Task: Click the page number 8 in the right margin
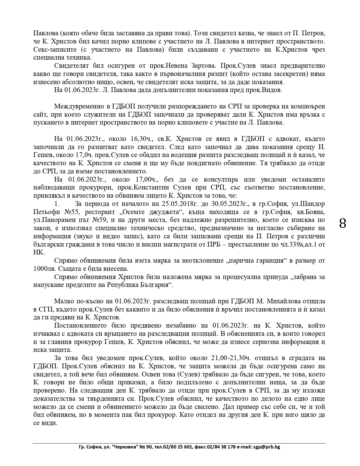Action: click(342, 224)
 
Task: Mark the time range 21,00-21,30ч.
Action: click(230, 358)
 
